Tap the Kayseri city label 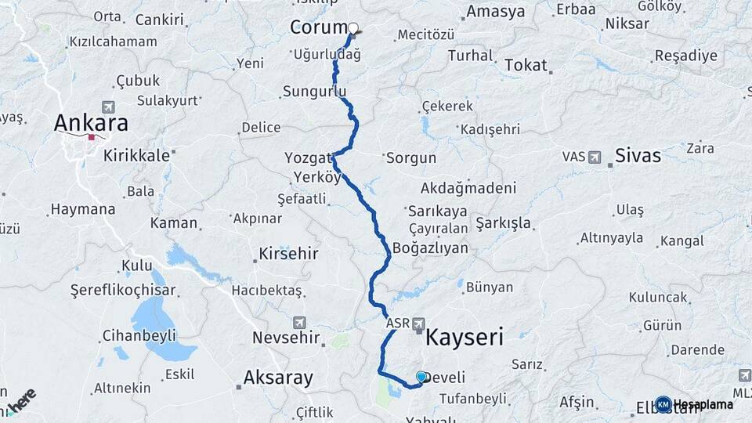point(464,338)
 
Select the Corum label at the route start point(318,27)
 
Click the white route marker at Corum point(353,28)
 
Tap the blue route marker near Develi point(421,377)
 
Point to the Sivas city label point(638,155)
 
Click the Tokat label point(526,65)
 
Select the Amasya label point(495,12)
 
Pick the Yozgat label point(308,158)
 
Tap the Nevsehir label point(286,338)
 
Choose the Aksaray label point(278,378)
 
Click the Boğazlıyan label point(430,248)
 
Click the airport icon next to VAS point(595,157)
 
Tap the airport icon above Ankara point(107,107)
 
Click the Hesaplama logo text point(702,405)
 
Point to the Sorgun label point(410,157)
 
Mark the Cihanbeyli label point(138,336)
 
